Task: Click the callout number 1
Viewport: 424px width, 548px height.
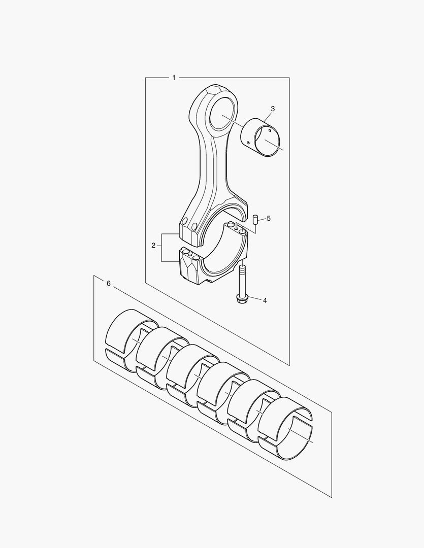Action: (174, 78)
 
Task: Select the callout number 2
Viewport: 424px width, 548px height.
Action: (153, 246)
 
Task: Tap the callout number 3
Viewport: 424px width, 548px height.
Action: (273, 109)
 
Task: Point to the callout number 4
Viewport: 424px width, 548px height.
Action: (265, 300)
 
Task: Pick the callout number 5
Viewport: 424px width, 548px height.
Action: (269, 219)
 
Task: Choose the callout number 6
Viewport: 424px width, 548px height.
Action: (108, 284)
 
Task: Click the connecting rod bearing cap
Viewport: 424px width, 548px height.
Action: (213, 269)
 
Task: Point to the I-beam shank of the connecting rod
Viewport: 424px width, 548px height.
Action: (208, 167)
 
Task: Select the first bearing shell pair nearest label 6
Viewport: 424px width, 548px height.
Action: (129, 337)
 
